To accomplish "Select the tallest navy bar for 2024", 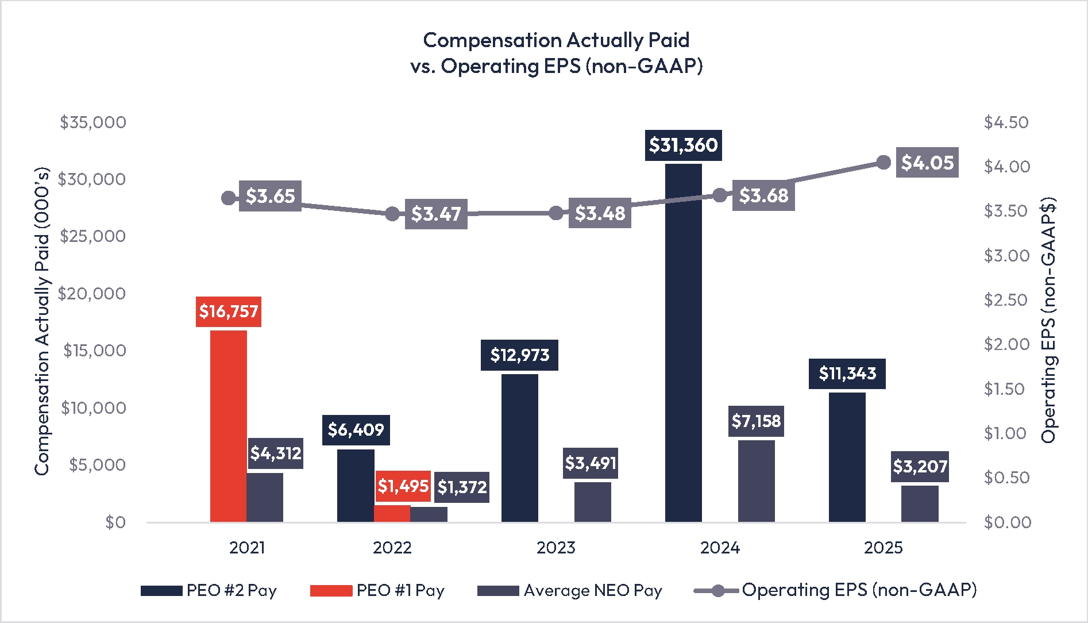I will point(683,343).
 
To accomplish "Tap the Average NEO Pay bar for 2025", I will point(920,503).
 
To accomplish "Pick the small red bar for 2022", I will point(392,513).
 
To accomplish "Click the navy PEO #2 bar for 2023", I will point(519,448).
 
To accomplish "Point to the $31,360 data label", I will point(683,145).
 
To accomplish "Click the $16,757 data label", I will point(228,311).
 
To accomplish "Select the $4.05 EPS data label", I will point(927,163).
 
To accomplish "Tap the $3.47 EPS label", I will point(435,214).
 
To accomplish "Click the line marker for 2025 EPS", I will point(883,163).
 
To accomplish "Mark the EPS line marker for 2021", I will point(228,198).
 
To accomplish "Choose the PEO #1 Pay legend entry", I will point(377,590).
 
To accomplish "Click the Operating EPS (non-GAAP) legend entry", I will point(835,590).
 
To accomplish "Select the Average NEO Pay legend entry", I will point(569,590).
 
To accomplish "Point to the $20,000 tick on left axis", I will point(92,294).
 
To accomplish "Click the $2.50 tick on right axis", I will point(1006,300).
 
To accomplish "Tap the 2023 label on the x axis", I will point(555,548).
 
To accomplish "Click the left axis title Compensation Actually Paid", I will point(42,322).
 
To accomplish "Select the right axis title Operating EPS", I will point(1048,320).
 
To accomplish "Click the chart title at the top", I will point(556,53).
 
